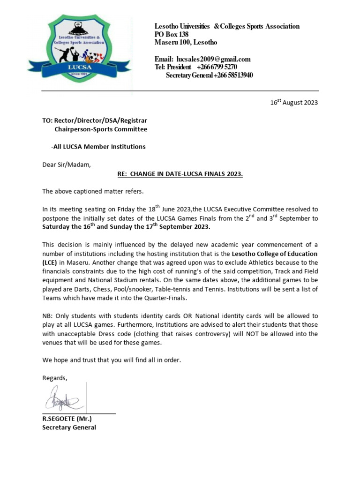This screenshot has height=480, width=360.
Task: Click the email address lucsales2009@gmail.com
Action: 213,59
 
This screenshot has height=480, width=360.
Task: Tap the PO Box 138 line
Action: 172,34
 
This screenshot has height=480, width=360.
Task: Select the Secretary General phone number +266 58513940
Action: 233,75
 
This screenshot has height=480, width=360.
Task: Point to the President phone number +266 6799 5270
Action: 213,67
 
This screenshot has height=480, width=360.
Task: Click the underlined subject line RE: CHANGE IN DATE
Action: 180,174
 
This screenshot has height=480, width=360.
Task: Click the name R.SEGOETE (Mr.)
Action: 67,419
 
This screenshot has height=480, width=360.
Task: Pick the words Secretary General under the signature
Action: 69,427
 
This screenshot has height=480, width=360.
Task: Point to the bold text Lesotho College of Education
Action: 275,254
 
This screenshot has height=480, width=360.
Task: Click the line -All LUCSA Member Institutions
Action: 98,147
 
